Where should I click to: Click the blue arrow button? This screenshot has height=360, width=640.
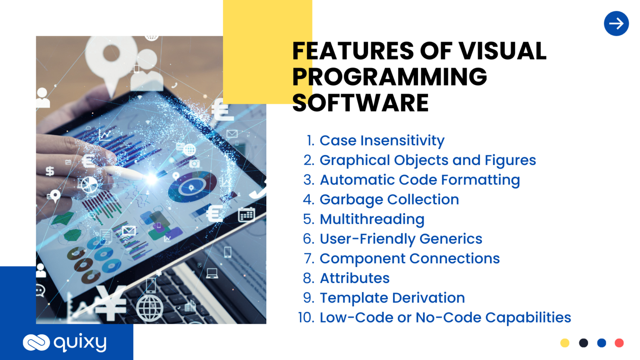click(616, 23)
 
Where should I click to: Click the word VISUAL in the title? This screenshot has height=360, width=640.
click(502, 51)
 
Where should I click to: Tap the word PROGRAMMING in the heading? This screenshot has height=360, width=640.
click(390, 77)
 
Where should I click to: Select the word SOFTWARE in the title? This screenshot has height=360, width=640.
click(360, 102)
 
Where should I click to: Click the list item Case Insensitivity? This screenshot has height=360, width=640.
click(382, 140)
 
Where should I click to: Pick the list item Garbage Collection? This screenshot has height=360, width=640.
click(389, 200)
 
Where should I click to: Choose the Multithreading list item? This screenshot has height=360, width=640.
click(372, 219)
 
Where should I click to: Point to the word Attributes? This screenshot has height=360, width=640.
click(355, 278)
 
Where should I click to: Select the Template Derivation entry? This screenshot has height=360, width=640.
click(392, 298)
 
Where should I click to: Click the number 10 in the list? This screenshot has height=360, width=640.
click(306, 317)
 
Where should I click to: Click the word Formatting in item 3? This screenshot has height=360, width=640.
click(480, 180)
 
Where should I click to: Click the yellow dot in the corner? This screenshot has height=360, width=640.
click(565, 343)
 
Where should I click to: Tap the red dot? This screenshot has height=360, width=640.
click(619, 343)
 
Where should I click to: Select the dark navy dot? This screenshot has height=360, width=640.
click(583, 343)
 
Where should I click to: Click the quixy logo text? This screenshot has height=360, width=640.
click(80, 342)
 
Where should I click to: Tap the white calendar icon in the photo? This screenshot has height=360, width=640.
click(246, 215)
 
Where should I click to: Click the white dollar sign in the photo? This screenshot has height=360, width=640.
click(50, 171)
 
